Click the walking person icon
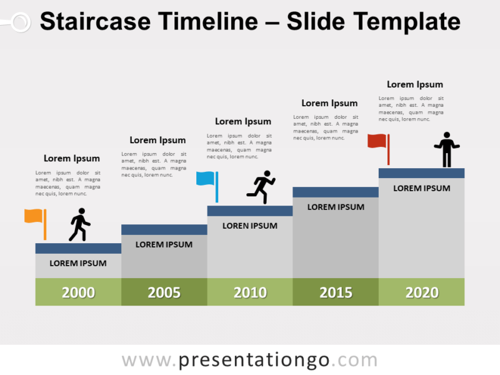(79, 225)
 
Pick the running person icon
(262, 187)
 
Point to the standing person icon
(446, 149)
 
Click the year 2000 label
(78, 292)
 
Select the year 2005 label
(164, 292)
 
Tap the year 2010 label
(250, 292)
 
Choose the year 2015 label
(336, 292)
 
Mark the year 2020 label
(421, 292)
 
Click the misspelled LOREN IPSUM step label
(250, 226)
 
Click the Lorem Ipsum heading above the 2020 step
(414, 84)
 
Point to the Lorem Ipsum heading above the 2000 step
(71, 159)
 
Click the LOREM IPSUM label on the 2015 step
(336, 207)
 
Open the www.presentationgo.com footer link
(250, 360)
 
